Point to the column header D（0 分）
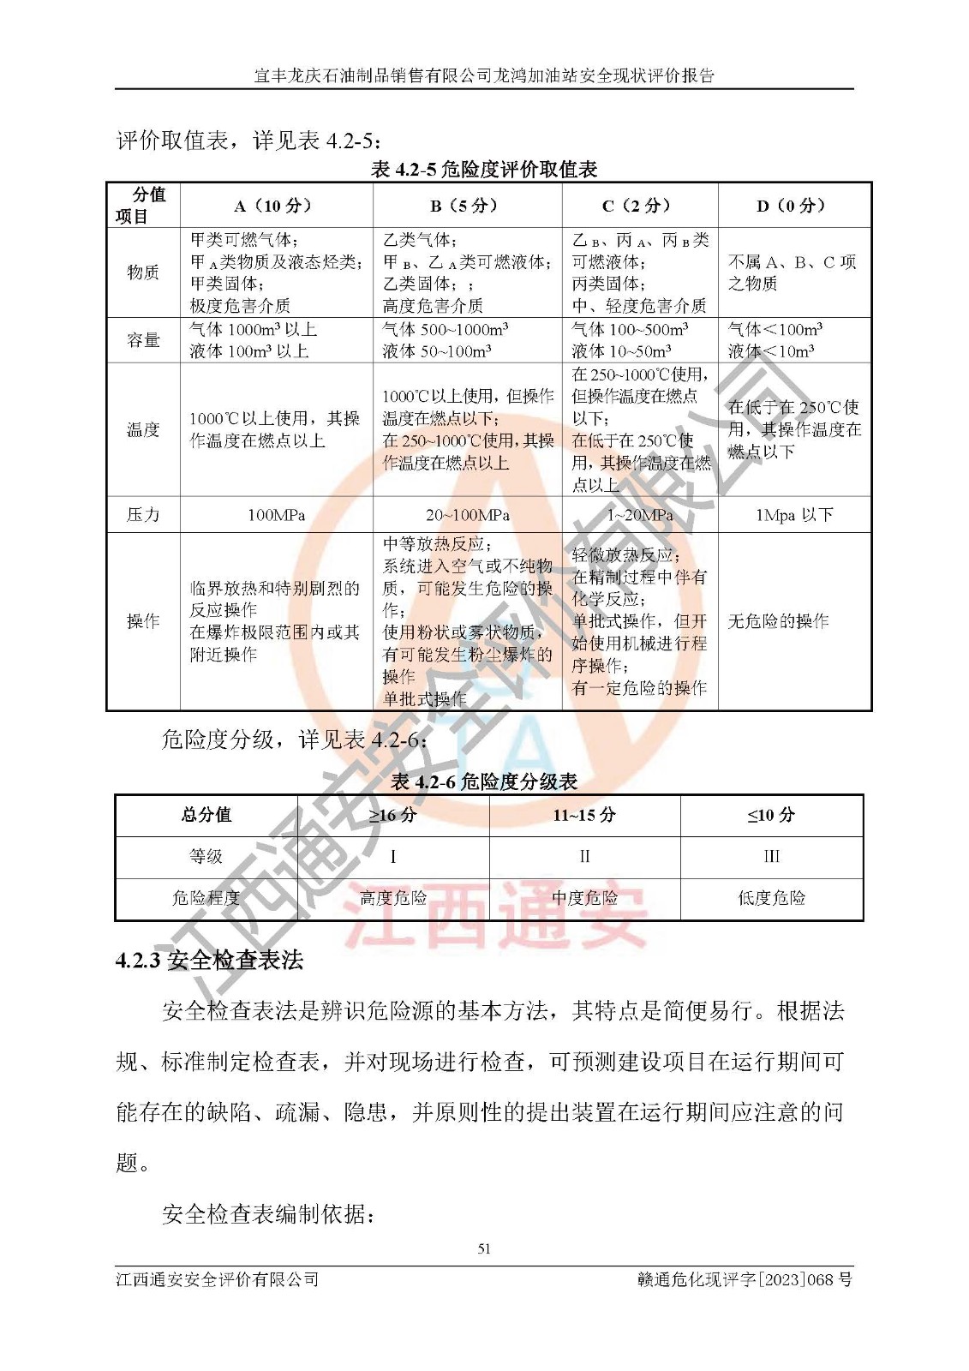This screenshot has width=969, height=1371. coord(792,206)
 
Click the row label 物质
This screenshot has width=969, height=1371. coord(143,272)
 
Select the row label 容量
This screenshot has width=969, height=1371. coord(143,340)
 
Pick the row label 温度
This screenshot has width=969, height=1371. coord(143,429)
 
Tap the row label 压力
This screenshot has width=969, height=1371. coord(143,515)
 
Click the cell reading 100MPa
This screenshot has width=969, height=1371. coord(276,515)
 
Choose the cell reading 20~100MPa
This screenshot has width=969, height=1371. coord(468,515)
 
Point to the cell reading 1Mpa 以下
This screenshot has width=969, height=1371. coord(793,515)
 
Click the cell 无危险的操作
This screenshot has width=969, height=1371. coord(778,621)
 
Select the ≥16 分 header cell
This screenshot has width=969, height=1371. coord(392,815)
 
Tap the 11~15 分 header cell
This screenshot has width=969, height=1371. coord(584,815)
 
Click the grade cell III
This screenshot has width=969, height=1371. coord(771,857)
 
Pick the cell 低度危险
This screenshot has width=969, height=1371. coord(771,898)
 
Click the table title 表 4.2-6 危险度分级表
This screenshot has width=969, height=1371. coord(484,781)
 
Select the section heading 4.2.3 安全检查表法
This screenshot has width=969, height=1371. coord(210,961)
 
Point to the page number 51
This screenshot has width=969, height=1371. coord(484,1248)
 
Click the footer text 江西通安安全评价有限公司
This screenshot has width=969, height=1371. coord(218,1279)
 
